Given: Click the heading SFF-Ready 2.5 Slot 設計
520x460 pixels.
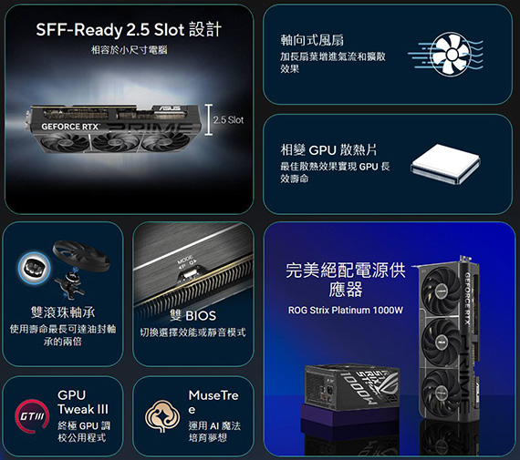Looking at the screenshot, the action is click(x=129, y=30).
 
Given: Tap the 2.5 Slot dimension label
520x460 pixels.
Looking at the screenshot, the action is click(x=228, y=120).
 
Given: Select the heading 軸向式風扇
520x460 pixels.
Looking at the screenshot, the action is click(x=312, y=40).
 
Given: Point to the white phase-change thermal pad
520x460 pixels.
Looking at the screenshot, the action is click(x=445, y=164).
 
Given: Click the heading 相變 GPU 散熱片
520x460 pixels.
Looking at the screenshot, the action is click(x=328, y=150).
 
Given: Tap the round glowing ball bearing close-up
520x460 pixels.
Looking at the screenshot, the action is click(x=34, y=268).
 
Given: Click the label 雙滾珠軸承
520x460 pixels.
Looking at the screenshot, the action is click(x=63, y=312).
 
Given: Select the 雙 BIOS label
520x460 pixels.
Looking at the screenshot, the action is click(x=192, y=315).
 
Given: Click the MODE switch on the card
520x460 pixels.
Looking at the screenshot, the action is click(x=186, y=273).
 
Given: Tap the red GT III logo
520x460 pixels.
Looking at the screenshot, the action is click(x=32, y=416).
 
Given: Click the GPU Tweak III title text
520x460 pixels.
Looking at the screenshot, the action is click(x=83, y=402).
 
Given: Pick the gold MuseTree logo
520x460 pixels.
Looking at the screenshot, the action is click(x=162, y=416).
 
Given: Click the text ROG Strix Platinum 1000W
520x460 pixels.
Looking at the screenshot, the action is click(x=346, y=311).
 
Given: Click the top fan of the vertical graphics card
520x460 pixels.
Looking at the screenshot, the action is click(x=441, y=291).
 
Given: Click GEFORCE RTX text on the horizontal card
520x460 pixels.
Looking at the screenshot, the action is click(x=70, y=127).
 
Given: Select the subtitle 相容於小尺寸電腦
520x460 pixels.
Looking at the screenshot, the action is click(x=130, y=50).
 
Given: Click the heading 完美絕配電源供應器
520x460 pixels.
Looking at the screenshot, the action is click(x=346, y=280).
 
